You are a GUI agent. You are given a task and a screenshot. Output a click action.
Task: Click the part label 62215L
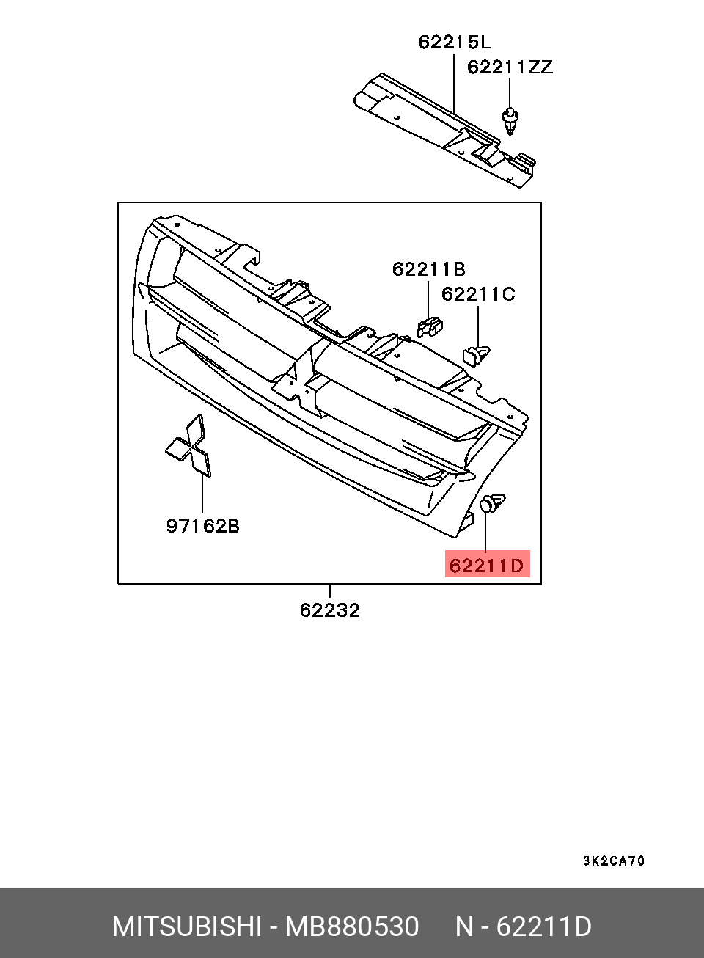pyautogui.click(x=454, y=43)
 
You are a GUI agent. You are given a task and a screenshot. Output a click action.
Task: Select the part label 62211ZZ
pyautogui.click(x=510, y=67)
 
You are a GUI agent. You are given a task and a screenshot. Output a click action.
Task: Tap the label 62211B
pyautogui.click(x=428, y=269)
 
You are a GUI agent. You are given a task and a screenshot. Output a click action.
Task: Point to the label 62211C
pyautogui.click(x=478, y=294)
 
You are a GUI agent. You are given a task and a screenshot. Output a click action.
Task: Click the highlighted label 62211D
pyautogui.click(x=487, y=565)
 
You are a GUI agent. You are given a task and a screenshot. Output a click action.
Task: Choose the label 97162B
pyautogui.click(x=202, y=526)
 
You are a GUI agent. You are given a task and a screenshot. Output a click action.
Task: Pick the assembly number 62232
pyautogui.click(x=329, y=610)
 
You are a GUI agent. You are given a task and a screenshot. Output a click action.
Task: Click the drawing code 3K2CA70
pyautogui.click(x=614, y=861)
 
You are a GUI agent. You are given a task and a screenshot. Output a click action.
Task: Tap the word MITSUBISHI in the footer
pyautogui.click(x=186, y=926)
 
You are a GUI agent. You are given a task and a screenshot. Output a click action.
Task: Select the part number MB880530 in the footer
pyautogui.click(x=352, y=926)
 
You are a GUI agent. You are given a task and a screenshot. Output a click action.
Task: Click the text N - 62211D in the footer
pyautogui.click(x=523, y=926)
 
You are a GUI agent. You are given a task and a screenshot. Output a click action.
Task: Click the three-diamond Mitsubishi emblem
pyautogui.click(x=189, y=446)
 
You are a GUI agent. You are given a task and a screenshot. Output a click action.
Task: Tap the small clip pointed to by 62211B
pyautogui.click(x=430, y=327)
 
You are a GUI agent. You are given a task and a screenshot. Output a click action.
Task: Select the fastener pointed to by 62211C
pyautogui.click(x=477, y=355)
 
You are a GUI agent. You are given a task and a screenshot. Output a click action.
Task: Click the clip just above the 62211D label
pyautogui.click(x=491, y=504)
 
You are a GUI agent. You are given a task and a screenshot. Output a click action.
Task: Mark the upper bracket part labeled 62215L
pyautogui.click(x=440, y=125)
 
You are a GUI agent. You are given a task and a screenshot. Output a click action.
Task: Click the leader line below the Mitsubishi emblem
pyautogui.click(x=202, y=495)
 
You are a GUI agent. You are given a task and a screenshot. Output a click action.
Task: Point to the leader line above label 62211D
pyautogui.click(x=485, y=533)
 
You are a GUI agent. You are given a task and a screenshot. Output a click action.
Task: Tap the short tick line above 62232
pyautogui.click(x=329, y=590)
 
